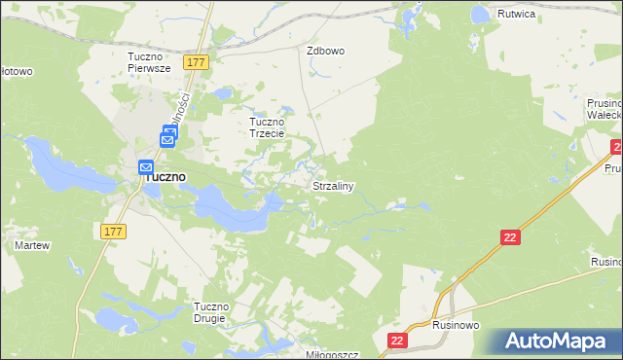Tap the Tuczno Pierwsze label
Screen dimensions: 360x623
click(x=149, y=62)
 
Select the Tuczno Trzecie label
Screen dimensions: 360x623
click(x=267, y=127)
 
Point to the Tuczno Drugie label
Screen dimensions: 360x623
click(x=211, y=313)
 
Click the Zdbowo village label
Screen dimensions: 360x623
click(x=326, y=51)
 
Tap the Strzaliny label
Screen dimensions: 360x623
click(x=332, y=185)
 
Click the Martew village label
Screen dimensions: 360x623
click(x=31, y=245)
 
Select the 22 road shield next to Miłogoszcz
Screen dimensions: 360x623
click(x=397, y=340)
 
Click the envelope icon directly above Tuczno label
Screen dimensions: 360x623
click(x=147, y=165)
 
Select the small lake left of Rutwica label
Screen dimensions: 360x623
click(x=479, y=15)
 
